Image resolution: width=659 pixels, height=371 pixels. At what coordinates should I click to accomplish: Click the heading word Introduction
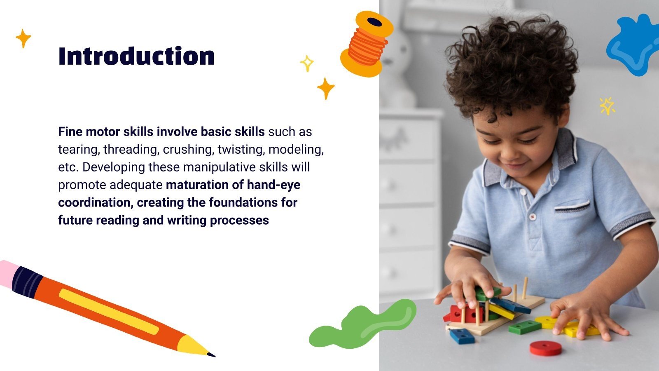pyautogui.click(x=136, y=56)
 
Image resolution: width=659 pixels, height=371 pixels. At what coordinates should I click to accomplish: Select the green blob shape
pyautogui.click(x=362, y=324)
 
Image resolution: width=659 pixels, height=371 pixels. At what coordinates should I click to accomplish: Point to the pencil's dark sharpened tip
pyautogui.click(x=211, y=354)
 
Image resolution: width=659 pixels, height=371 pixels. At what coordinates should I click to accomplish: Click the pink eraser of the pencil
pyautogui.click(x=7, y=272)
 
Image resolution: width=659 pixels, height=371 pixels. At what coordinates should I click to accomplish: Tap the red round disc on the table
pyautogui.click(x=545, y=348)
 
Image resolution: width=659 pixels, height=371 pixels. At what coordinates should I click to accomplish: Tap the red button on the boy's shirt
pyautogui.click(x=533, y=216)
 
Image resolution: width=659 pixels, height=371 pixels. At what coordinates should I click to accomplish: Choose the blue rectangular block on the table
pyautogui.click(x=462, y=336)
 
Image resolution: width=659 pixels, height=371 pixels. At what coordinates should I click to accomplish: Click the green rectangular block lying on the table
pyautogui.click(x=524, y=327)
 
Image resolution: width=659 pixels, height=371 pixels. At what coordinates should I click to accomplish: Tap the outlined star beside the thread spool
pyautogui.click(x=307, y=63)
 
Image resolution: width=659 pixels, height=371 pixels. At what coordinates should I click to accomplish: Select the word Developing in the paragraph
pyautogui.click(x=114, y=167)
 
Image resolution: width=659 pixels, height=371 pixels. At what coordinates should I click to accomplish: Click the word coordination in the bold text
pyautogui.click(x=96, y=202)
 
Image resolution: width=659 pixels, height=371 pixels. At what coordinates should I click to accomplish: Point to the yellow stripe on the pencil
pyautogui.click(x=109, y=312)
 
